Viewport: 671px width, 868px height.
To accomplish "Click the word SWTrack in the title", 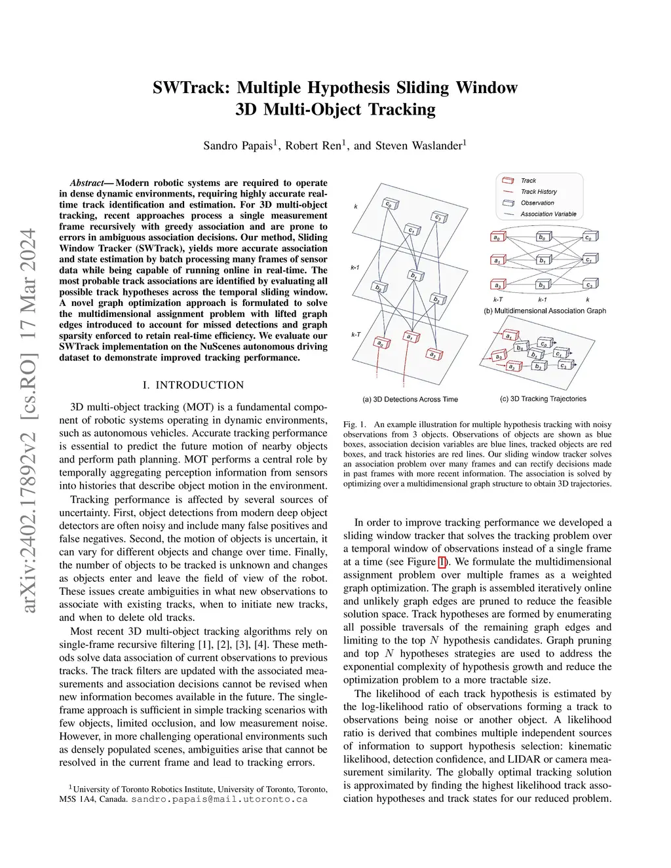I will pyautogui.click(x=191, y=88).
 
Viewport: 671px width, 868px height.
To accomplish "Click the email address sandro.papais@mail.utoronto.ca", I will pyautogui.click(x=220, y=799).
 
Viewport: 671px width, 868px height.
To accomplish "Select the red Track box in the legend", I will pyautogui.click(x=508, y=181).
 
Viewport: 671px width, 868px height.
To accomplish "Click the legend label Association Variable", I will pyautogui.click(x=548, y=214).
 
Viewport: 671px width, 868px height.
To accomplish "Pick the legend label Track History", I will pyautogui.click(x=539, y=192).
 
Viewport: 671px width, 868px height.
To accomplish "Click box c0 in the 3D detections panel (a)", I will pyautogui.click(x=390, y=204).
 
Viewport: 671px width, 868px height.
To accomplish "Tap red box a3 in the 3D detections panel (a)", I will pyautogui.click(x=434, y=354).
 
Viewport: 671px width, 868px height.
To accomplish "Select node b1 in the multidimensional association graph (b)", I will pyautogui.click(x=543, y=260).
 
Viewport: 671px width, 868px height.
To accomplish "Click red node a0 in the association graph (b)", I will pyautogui.click(x=498, y=237).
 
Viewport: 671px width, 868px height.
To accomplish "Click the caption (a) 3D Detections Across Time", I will pyautogui.click(x=410, y=399).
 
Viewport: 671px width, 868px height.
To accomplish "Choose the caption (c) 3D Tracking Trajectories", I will pyautogui.click(x=543, y=398).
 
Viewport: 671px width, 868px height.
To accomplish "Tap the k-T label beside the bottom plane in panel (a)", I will pyautogui.click(x=356, y=335).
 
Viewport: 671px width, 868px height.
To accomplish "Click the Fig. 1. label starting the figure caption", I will pyautogui.click(x=355, y=425).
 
